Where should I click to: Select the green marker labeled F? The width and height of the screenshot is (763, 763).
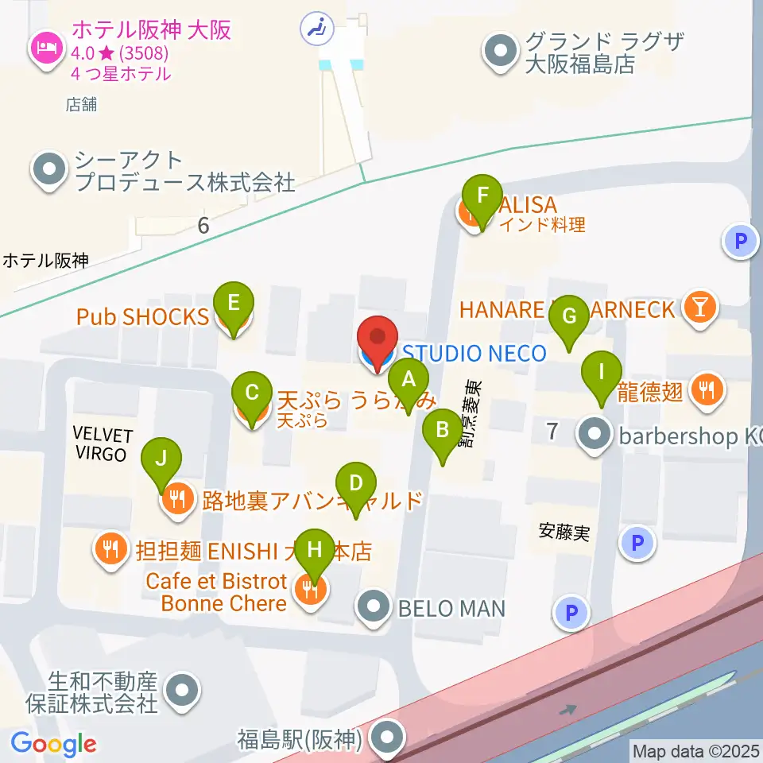[x=482, y=196]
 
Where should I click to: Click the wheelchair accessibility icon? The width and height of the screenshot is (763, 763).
[x=316, y=29]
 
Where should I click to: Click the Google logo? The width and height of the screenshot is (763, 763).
[x=53, y=744]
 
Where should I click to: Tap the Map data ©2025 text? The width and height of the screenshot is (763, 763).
[x=695, y=749]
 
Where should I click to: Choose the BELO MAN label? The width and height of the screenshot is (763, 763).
[x=451, y=609]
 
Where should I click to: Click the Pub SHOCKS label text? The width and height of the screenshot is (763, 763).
[x=142, y=316]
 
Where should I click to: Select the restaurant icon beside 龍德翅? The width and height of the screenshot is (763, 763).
[x=705, y=389]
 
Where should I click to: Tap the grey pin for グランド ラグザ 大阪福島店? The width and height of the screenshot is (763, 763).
[x=500, y=52]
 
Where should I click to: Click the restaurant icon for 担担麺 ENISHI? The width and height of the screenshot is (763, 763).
[x=110, y=548]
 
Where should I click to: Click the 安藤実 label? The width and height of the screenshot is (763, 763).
[x=564, y=532]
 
